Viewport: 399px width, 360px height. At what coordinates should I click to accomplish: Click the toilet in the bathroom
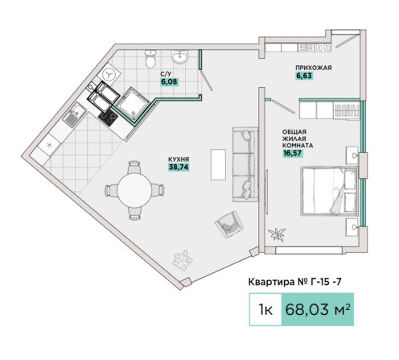click(x=150, y=59)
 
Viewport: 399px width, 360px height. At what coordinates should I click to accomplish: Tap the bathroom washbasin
click(x=180, y=57)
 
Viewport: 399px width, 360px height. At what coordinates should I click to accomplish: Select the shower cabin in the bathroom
click(x=133, y=104)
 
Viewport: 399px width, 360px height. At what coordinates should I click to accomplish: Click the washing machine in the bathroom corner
click(x=109, y=74)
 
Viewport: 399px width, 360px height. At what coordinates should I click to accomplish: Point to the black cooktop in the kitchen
click(x=109, y=118)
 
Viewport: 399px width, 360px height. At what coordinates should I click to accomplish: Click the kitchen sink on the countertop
click(x=75, y=114)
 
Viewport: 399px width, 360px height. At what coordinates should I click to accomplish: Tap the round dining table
click(x=134, y=190)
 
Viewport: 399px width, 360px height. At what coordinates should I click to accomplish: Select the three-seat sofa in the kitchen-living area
click(x=245, y=164)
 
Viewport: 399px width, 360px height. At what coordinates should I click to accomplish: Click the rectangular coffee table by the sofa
click(x=218, y=164)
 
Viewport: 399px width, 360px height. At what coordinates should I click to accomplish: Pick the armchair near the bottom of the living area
click(x=229, y=225)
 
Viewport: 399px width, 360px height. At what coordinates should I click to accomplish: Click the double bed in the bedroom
click(x=330, y=191)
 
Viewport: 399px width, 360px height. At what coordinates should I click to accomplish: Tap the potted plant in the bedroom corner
click(x=278, y=234)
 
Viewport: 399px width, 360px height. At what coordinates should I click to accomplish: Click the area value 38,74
click(x=179, y=168)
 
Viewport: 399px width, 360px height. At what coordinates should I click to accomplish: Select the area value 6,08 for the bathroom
click(x=169, y=81)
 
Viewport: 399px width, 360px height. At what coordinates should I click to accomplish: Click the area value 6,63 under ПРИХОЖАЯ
click(x=304, y=76)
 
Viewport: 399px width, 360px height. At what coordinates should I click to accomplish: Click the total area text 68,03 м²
click(x=318, y=309)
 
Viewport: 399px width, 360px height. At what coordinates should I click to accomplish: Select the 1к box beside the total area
click(x=265, y=309)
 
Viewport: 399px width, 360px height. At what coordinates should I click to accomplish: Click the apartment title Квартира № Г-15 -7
click(x=295, y=282)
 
